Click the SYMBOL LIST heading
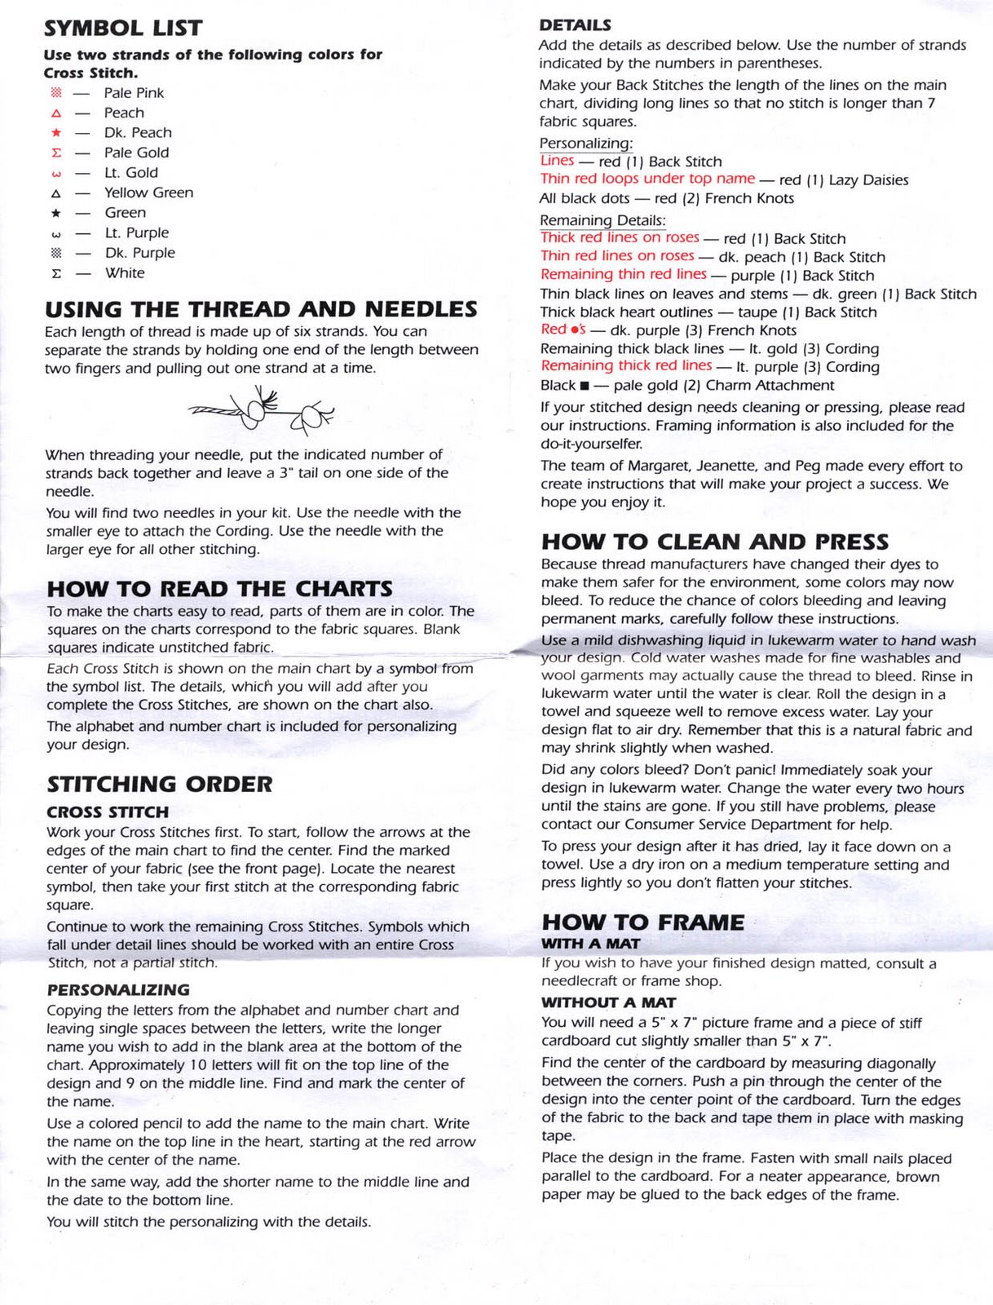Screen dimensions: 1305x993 (123, 29)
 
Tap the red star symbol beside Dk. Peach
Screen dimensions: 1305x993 (55, 132)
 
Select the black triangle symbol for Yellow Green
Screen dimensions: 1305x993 (55, 193)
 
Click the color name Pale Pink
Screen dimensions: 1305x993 (134, 93)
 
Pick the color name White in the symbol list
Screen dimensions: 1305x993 (124, 273)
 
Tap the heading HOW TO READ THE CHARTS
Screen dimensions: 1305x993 (219, 589)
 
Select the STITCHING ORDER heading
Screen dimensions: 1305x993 (160, 785)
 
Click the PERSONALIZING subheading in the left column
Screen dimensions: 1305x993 (118, 990)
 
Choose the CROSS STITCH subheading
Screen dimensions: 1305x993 (108, 812)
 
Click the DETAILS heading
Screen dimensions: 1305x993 (575, 25)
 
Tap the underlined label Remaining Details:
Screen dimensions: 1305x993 (602, 220)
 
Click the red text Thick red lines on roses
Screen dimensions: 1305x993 (620, 237)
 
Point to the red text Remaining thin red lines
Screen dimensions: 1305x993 (624, 274)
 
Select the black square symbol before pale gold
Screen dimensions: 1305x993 (585, 386)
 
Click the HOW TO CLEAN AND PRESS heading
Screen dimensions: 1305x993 (715, 542)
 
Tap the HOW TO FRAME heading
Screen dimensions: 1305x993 (642, 922)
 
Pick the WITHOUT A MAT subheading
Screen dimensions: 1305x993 (608, 1002)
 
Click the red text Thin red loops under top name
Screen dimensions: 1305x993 (647, 179)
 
